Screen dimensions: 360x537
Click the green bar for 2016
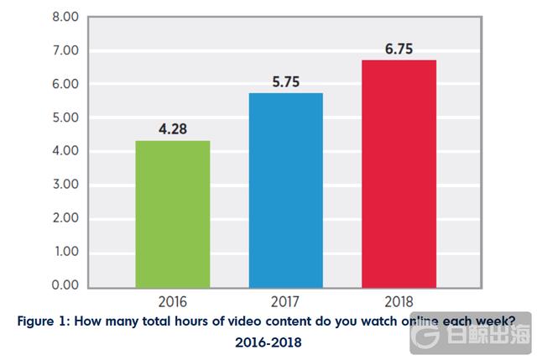[174, 213]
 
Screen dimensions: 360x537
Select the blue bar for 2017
[287, 189]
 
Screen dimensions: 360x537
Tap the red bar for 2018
[400, 172]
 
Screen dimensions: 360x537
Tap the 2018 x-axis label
[400, 300]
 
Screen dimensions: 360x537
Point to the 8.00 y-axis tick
[41, 17]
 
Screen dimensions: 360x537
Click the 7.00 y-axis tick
[41, 50]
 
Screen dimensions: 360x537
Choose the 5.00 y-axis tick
[41, 117]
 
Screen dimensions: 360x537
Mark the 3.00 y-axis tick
[41, 185]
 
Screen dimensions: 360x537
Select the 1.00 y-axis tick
[41, 252]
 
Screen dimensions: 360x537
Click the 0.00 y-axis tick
[41, 285]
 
